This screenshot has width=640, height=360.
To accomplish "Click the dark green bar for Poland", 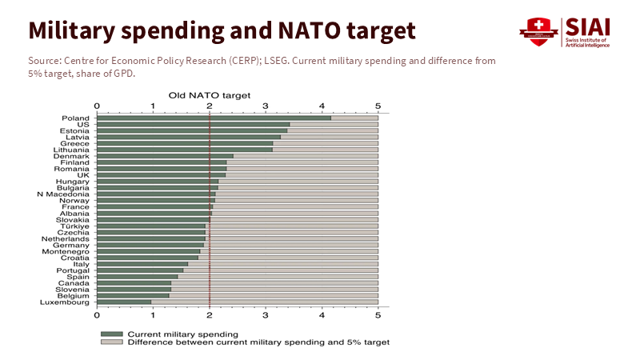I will (x=214, y=118).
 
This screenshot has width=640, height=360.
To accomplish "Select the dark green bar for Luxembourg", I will (x=124, y=302).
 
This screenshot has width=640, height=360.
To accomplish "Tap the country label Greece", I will (x=75, y=143).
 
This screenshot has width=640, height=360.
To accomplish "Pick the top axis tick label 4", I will (x=322, y=105).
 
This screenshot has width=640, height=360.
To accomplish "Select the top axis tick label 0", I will (x=97, y=105).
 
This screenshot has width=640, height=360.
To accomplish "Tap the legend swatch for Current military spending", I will (x=111, y=334).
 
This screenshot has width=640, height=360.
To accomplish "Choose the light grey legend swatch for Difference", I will (x=111, y=342).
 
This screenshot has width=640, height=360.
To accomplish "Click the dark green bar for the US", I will (x=193, y=125).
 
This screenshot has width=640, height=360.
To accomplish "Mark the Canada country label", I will (x=74, y=283).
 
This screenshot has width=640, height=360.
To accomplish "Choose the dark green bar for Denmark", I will (x=165, y=156).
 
